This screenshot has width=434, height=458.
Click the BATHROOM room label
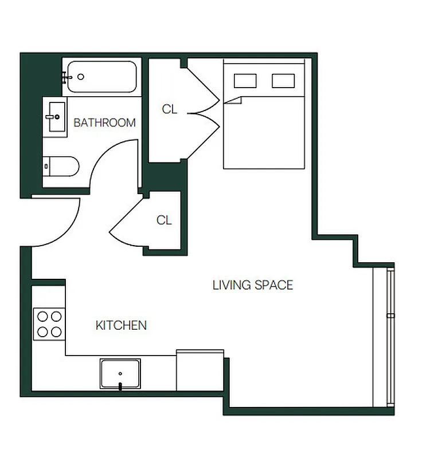(x=104, y=123)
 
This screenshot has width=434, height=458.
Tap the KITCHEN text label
(x=120, y=326)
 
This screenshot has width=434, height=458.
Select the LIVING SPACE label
(x=252, y=285)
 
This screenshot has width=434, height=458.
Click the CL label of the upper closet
(x=169, y=109)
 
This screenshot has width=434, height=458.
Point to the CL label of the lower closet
(x=164, y=220)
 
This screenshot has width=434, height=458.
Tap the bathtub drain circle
(x=81, y=77)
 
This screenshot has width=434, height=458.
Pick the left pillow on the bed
(x=245, y=81)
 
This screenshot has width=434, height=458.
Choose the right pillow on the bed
(x=283, y=81)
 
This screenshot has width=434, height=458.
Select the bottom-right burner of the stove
(x=56, y=330)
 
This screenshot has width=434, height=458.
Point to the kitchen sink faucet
(x=120, y=386)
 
